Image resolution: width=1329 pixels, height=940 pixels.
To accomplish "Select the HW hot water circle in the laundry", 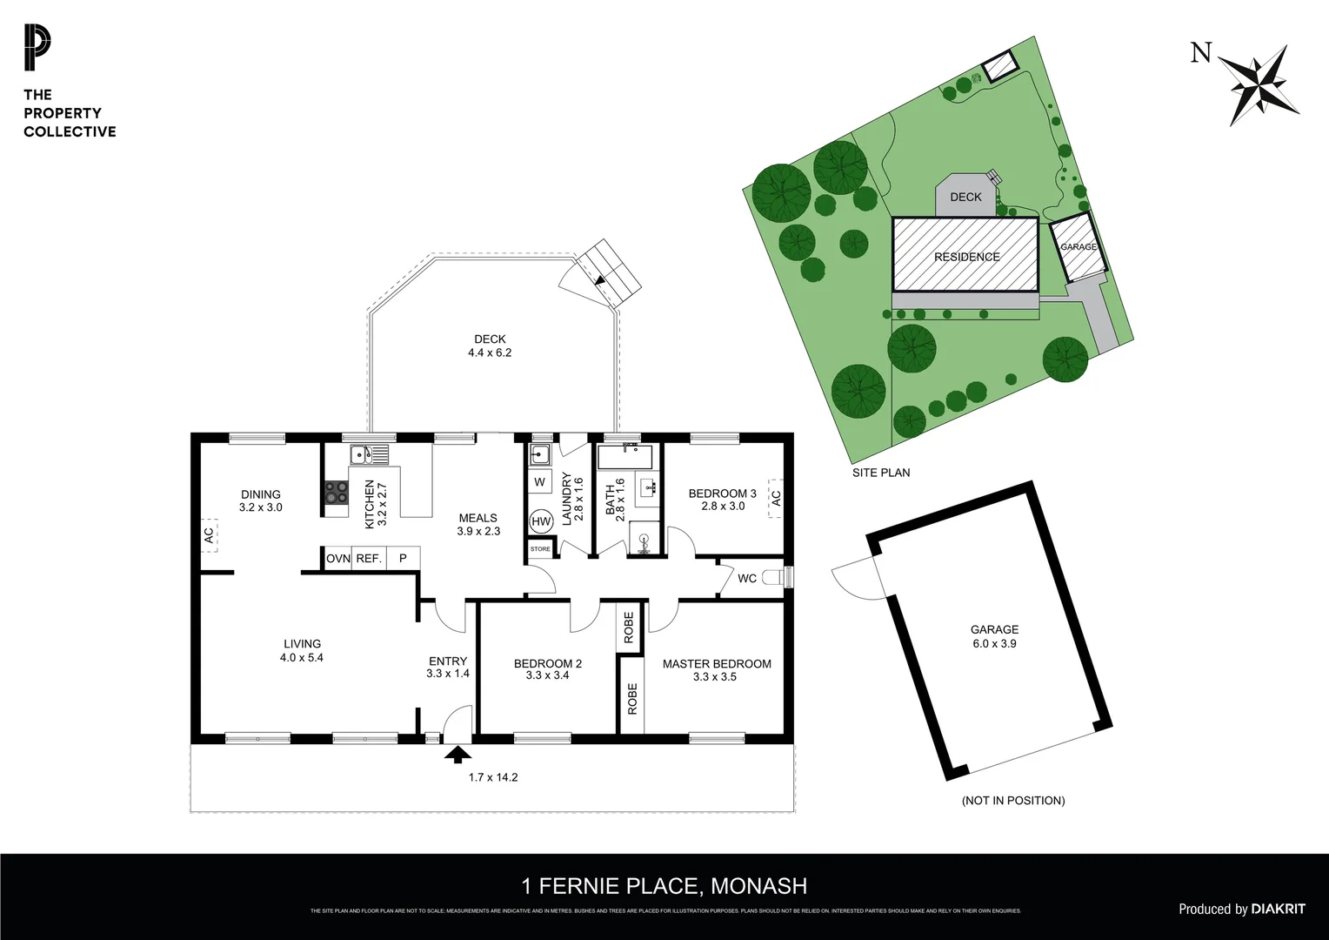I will pyautogui.click(x=541, y=521).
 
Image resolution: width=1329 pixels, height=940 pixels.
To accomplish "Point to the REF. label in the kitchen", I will pyautogui.click(x=369, y=559).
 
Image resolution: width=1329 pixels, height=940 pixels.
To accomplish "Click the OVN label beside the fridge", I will pyautogui.click(x=337, y=559).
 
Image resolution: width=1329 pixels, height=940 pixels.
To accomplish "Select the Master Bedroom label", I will pyautogui.click(x=717, y=664).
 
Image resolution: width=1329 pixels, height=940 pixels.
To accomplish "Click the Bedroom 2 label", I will pyautogui.click(x=548, y=664).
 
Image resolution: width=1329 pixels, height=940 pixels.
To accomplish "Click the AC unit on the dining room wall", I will pyautogui.click(x=209, y=534).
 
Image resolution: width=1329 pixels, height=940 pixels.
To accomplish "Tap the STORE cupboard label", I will pyautogui.click(x=540, y=549).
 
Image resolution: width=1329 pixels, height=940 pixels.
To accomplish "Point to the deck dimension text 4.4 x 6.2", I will pyautogui.click(x=490, y=352).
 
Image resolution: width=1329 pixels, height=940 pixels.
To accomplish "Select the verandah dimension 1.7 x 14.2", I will pyautogui.click(x=492, y=777).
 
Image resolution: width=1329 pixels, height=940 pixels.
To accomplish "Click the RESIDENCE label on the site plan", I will pyautogui.click(x=966, y=257).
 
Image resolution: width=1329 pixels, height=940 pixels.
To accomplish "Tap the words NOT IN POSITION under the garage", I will pyautogui.click(x=1012, y=800).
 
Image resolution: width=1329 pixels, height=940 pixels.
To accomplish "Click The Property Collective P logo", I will pyautogui.click(x=37, y=48).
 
